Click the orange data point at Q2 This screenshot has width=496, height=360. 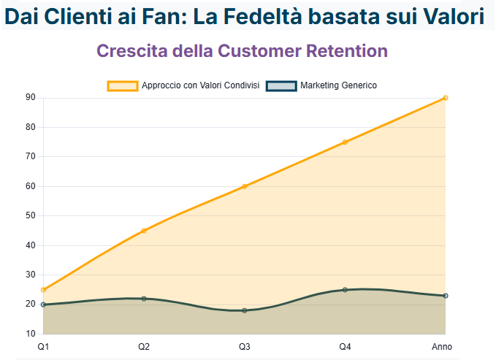144,231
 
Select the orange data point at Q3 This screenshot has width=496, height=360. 245,186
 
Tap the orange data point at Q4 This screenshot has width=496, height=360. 345,142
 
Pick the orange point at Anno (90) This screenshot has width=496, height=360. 445,98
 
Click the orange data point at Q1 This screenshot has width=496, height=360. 44,290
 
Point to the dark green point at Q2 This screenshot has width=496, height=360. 144,299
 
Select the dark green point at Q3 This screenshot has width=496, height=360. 245,310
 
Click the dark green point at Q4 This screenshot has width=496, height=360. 345,290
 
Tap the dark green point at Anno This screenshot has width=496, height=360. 445,296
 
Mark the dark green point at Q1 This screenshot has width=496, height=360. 44,305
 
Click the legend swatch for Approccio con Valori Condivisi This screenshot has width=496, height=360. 123,85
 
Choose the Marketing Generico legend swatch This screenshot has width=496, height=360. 281,85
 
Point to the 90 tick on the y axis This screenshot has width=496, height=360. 31,98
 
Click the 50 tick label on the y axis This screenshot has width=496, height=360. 31,215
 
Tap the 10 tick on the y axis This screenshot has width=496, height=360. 31,334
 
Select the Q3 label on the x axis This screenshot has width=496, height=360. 245,346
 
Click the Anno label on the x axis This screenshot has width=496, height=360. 442,346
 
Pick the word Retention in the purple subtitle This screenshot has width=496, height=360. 343,51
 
